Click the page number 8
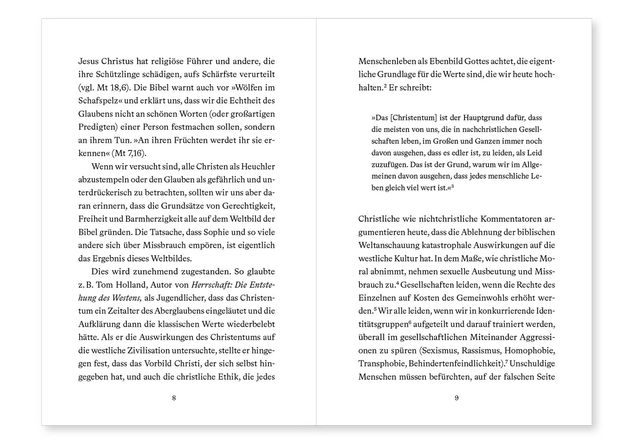174,398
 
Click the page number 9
457,398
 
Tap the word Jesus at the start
89,61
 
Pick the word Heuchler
257,166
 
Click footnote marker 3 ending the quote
452,186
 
